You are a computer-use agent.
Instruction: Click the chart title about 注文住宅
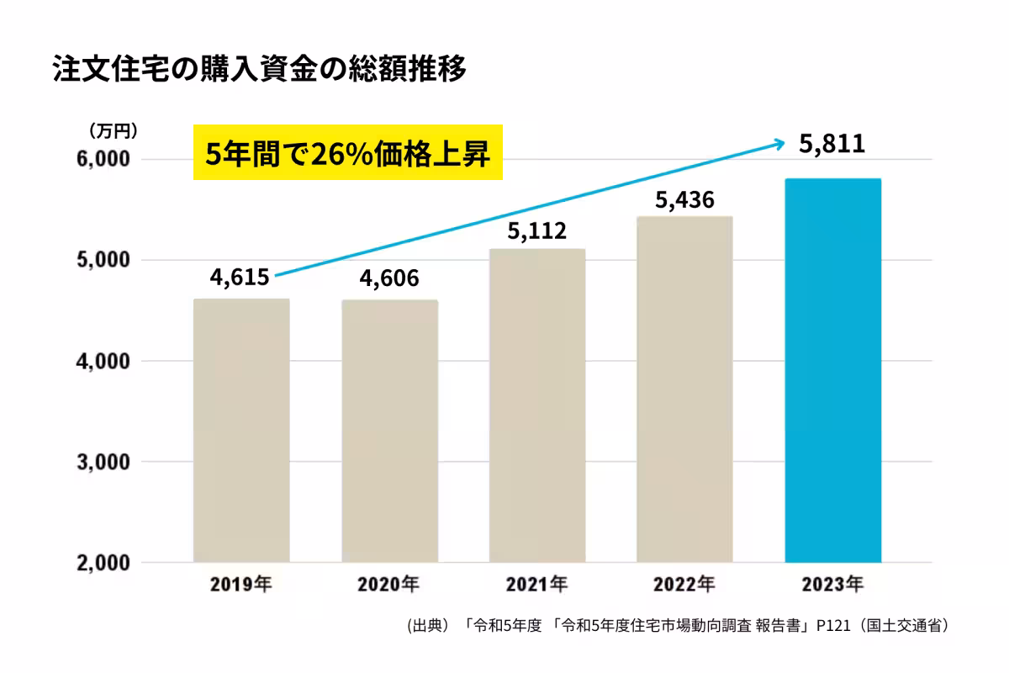point(259,70)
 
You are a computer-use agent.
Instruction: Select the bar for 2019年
point(241,430)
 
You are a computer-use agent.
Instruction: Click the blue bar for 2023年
point(832,370)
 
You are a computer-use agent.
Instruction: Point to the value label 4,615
point(240,277)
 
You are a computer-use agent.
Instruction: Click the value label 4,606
point(388,278)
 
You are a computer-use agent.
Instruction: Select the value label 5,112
point(536,230)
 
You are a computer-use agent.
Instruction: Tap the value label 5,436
point(684,200)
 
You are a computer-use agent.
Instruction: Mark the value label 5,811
point(832,145)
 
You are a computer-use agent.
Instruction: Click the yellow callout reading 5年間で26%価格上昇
point(347,154)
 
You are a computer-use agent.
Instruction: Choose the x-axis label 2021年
point(536,583)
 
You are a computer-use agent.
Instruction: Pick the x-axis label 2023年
point(832,583)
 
